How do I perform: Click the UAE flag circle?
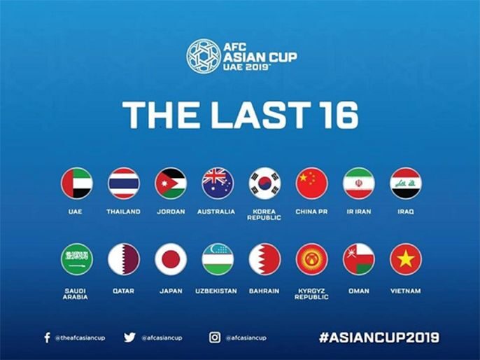point(76,184)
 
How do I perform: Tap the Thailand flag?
point(123,184)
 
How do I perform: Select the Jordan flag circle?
point(170,184)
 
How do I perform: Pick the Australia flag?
point(218,184)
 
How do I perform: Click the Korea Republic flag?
point(264,184)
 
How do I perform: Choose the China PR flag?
point(311,184)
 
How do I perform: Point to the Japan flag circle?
point(170,259)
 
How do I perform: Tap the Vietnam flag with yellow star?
point(406,259)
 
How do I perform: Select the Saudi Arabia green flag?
point(76,259)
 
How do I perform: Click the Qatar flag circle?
point(123,259)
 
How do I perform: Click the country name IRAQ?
point(405,212)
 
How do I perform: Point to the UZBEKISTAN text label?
point(218,291)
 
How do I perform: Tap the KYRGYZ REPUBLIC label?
point(311,293)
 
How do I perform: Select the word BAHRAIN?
point(264,291)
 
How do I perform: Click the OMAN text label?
point(358,291)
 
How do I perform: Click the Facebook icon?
point(47,338)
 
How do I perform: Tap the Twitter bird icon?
point(129,337)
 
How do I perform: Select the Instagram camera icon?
point(215,337)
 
